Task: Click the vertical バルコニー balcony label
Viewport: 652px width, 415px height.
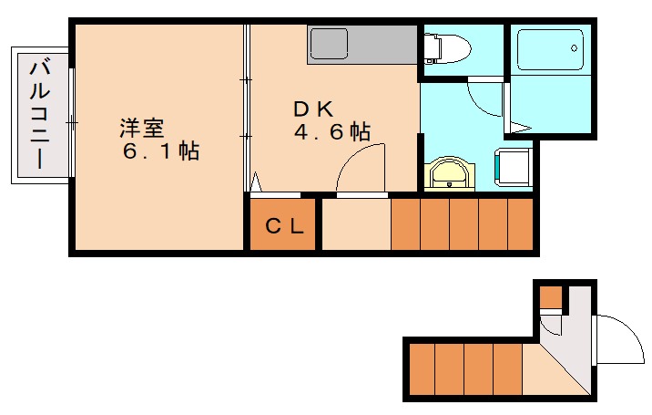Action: [39, 115]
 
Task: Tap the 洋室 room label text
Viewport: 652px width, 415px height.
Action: [142, 128]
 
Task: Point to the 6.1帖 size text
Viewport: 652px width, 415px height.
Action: [161, 150]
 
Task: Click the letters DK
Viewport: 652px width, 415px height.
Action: [313, 109]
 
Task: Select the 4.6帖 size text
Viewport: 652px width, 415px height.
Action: [332, 131]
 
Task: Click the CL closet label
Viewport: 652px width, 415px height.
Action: [285, 227]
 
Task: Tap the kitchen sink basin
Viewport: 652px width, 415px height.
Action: [329, 44]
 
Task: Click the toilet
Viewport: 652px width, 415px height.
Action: [447, 48]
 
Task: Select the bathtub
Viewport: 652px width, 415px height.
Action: [550, 49]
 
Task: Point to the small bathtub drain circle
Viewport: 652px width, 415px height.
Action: [575, 48]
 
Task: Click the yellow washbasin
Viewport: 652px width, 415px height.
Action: [449, 174]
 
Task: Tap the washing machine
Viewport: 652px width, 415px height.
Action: [513, 167]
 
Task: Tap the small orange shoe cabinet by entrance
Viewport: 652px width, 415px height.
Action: [551, 297]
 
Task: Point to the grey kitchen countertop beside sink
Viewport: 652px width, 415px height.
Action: [383, 45]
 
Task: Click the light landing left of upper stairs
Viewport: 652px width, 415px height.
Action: [356, 224]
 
